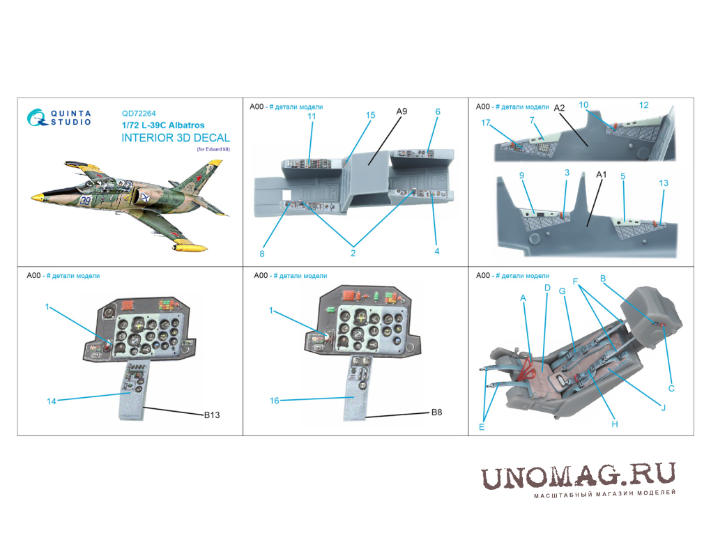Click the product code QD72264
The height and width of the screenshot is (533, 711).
click(x=139, y=114)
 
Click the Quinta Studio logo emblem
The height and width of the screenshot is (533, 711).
click(x=37, y=117)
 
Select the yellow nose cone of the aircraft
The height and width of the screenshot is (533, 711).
click(x=37, y=196)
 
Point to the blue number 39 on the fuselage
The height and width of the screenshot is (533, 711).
click(x=85, y=201)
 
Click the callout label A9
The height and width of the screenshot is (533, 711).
click(x=402, y=111)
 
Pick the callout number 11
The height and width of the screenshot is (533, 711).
click(x=312, y=116)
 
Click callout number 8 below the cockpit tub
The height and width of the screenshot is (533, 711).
click(x=261, y=254)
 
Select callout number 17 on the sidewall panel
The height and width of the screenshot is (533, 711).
click(x=486, y=123)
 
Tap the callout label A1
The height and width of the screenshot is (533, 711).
click(x=601, y=174)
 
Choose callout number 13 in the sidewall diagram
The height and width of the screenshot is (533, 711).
click(x=664, y=183)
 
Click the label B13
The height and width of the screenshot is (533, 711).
click(x=212, y=415)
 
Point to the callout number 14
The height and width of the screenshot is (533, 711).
click(x=52, y=401)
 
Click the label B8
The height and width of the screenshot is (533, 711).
click(x=436, y=412)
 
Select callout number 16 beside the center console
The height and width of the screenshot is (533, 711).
click(x=275, y=401)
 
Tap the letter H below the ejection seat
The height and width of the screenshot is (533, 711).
click(x=614, y=424)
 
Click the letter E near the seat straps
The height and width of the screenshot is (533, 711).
click(x=482, y=427)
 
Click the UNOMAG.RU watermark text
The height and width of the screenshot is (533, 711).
click(x=578, y=477)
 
